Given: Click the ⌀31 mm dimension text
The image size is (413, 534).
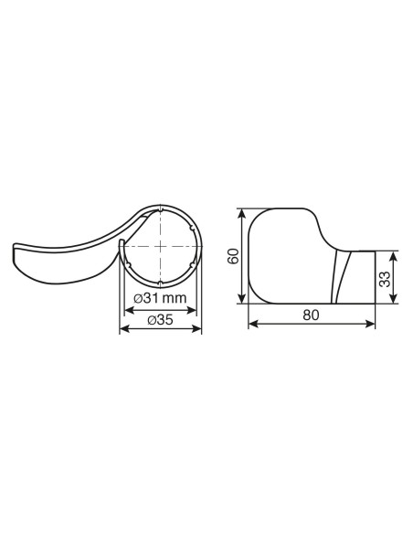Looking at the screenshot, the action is (160, 298).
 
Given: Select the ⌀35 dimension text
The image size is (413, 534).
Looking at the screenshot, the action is (160, 320).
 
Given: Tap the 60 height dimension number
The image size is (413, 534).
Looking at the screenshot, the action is (233, 256).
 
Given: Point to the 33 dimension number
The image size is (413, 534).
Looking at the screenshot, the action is (385, 279).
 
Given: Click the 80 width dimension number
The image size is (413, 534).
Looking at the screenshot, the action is (311, 315).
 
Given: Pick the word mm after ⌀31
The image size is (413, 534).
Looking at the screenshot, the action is (175, 299).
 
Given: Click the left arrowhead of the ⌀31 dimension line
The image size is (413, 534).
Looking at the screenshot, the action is (128, 310).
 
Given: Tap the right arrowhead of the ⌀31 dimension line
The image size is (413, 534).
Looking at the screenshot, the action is (192, 310).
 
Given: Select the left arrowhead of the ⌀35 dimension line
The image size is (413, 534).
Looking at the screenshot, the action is (124, 328).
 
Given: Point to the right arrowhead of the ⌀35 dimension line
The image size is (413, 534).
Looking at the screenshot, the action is (197, 328).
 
